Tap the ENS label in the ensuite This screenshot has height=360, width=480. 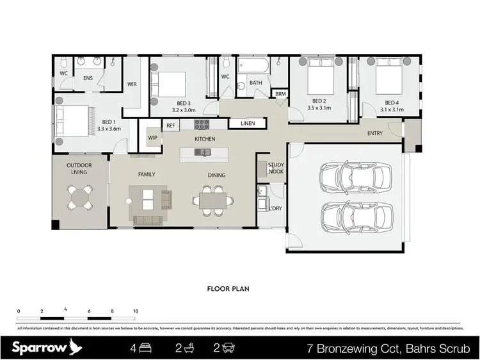tap(88, 79)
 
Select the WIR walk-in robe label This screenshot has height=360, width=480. tap(132, 83)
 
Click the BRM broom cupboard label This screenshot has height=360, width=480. tap(280, 94)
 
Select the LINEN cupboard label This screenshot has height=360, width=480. tap(246, 123)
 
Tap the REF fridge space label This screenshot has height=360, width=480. tap(171, 126)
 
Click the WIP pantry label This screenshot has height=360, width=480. tap(152, 138)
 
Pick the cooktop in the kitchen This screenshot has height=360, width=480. tap(202, 124)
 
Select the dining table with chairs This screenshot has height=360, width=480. tap(212, 199)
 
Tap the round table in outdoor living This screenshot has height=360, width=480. tap(81, 197)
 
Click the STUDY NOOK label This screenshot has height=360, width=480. tap(276, 168)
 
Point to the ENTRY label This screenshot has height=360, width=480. tap(375, 133)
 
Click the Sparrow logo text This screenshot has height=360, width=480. tap(38, 348)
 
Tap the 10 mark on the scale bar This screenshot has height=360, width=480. tap(135, 311)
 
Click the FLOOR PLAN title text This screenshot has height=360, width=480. tap(227, 289)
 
